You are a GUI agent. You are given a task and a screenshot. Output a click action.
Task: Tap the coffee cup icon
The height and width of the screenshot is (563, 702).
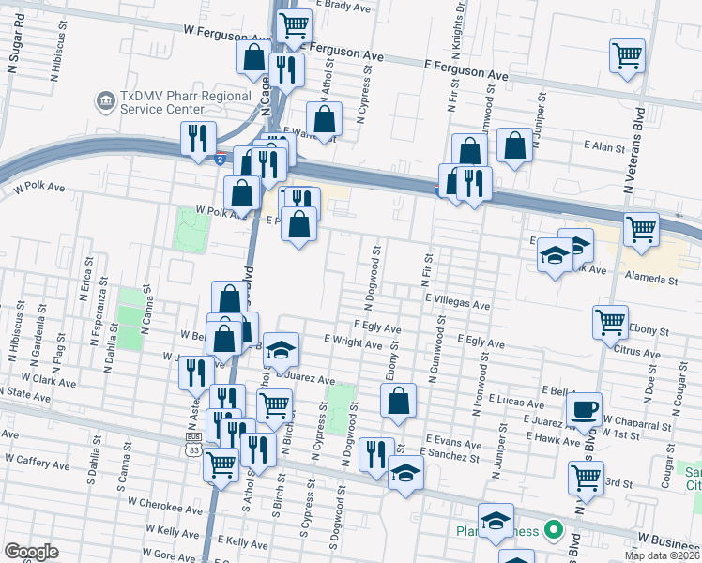585,408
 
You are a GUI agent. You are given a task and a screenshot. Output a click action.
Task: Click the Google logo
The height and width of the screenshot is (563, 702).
31,552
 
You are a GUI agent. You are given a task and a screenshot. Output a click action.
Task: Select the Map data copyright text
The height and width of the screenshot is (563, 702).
661,555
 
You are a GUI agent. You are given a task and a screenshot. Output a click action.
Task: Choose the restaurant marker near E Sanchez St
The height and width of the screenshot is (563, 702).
376,454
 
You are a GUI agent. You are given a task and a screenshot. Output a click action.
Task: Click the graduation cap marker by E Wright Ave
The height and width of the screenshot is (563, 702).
280,350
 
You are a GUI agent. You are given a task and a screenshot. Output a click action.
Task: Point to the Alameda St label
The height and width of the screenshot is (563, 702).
651,279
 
